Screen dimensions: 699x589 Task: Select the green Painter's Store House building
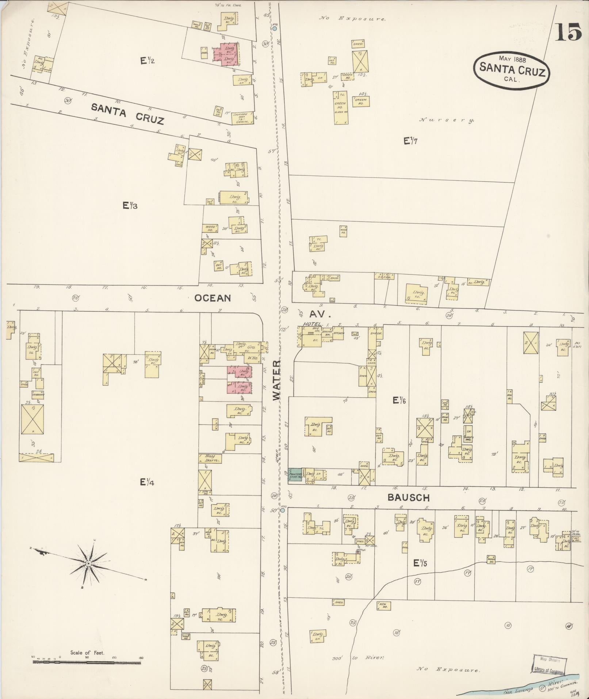[295, 474]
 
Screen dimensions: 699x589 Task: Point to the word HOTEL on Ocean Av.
[312, 324]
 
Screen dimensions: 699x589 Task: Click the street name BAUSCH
[408, 497]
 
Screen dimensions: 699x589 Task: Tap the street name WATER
[277, 380]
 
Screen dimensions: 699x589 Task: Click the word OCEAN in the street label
[213, 298]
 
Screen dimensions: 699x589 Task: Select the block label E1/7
[410, 140]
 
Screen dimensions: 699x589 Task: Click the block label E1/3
[130, 206]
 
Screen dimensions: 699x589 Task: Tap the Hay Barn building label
[211, 458]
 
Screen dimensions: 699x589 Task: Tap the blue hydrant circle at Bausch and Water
[283, 510]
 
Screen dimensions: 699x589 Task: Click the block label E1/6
[399, 400]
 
